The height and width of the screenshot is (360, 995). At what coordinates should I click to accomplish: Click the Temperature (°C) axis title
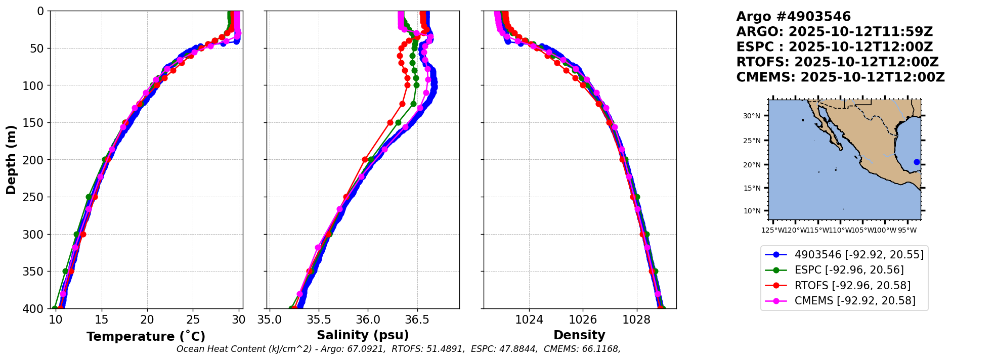(x=146, y=336)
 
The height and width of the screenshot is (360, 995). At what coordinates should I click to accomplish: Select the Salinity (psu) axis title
(x=363, y=335)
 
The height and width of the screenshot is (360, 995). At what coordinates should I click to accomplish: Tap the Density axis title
(x=579, y=335)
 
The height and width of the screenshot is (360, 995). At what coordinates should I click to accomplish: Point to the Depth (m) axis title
(x=11, y=159)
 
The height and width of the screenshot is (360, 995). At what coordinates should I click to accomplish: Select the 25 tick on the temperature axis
(x=193, y=320)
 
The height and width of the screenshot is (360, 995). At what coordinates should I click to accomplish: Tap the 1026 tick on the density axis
(x=583, y=320)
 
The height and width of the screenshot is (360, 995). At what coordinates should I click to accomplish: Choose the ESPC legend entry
(x=849, y=270)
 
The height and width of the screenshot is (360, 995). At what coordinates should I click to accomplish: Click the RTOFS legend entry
(x=852, y=286)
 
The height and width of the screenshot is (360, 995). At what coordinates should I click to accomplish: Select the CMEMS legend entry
(x=855, y=301)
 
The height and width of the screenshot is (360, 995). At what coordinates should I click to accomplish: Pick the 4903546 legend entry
(x=859, y=255)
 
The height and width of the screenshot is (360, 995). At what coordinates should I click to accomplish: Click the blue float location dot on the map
(x=917, y=162)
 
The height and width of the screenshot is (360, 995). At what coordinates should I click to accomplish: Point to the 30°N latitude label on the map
(x=752, y=116)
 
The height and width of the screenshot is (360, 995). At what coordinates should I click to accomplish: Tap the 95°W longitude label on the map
(x=907, y=231)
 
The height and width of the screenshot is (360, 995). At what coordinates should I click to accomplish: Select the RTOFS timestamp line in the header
(x=837, y=62)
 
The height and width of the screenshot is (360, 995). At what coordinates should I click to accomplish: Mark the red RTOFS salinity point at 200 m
(x=365, y=159)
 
